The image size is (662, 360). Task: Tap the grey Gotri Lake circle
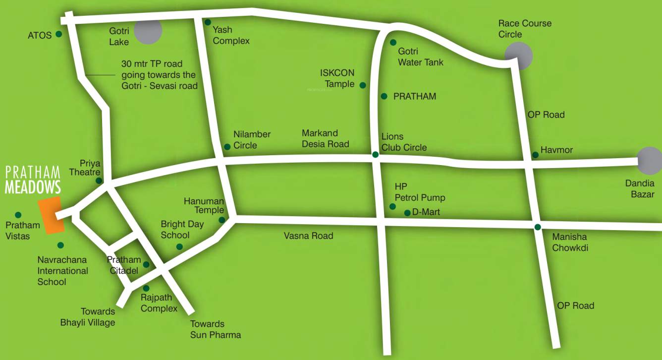coord(148,30)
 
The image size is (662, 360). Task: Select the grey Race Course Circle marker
coord(519,56)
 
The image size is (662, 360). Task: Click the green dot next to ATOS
coord(59,34)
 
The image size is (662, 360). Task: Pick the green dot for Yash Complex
coord(208,22)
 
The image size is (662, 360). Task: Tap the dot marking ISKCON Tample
coord(363,85)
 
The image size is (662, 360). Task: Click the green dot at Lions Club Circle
coord(375,155)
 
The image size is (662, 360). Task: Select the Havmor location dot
coord(535,155)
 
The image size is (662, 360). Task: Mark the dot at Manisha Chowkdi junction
coord(538,227)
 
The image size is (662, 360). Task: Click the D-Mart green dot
coord(407,213)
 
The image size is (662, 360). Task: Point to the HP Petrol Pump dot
coord(392,206)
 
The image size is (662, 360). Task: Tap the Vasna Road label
coord(308,236)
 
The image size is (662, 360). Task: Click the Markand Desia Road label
coord(326,138)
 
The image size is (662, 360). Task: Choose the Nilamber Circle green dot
coord(227,147)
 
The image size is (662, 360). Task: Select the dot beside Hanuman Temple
coord(221,220)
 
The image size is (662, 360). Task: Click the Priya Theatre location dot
coord(99,180)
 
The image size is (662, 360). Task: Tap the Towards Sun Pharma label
coord(216,329)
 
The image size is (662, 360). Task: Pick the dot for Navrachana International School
coord(60,245)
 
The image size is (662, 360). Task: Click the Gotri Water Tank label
coord(421,57)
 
